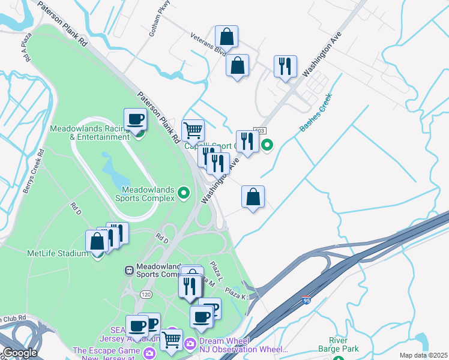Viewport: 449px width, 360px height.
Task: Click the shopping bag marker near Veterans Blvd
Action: pos(226,37)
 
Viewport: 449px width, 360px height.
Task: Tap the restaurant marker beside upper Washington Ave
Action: pos(285,67)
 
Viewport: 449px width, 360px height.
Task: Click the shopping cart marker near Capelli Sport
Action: pos(193,130)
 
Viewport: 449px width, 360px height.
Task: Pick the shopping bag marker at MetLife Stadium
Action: pos(97,242)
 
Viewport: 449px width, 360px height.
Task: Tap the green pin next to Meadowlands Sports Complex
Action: pos(184,193)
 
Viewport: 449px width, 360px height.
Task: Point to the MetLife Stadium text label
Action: pos(58,253)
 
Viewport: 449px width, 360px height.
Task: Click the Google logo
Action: pos(19,353)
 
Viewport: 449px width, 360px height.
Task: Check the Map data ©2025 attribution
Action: pos(424,355)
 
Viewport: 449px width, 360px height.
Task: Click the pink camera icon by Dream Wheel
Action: pos(190,343)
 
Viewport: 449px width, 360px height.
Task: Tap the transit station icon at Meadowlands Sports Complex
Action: pos(128,270)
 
